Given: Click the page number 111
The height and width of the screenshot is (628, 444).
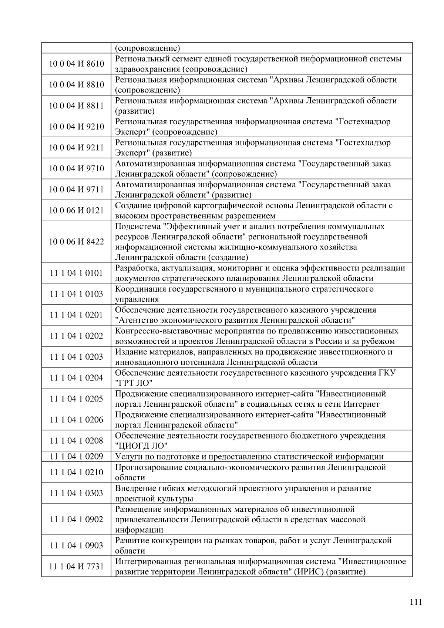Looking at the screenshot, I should (x=416, y=601).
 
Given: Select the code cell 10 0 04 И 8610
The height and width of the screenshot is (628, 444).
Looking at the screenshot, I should (x=77, y=64).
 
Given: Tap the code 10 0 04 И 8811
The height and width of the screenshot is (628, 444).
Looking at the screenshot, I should (x=77, y=106).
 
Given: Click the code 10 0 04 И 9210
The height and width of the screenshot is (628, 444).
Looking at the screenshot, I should (x=77, y=127).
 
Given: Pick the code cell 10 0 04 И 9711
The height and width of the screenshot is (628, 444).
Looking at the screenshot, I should (x=77, y=189).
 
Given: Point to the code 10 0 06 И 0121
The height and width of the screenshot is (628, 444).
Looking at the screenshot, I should (x=77, y=211).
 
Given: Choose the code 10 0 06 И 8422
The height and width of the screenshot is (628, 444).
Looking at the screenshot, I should (x=77, y=242).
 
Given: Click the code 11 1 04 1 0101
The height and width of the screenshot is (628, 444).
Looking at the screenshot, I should (x=77, y=273).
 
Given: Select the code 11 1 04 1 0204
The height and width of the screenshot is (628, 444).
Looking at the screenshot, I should (x=77, y=378).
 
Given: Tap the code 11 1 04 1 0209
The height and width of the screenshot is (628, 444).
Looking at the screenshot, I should (x=77, y=456).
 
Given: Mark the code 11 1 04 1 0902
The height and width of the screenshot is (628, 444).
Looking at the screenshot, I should (x=77, y=519).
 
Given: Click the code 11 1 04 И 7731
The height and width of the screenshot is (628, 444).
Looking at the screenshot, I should (x=77, y=566).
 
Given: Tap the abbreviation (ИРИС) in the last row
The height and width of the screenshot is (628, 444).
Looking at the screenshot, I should (x=307, y=572).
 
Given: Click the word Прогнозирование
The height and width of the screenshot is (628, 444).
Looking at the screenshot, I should (x=146, y=467).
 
